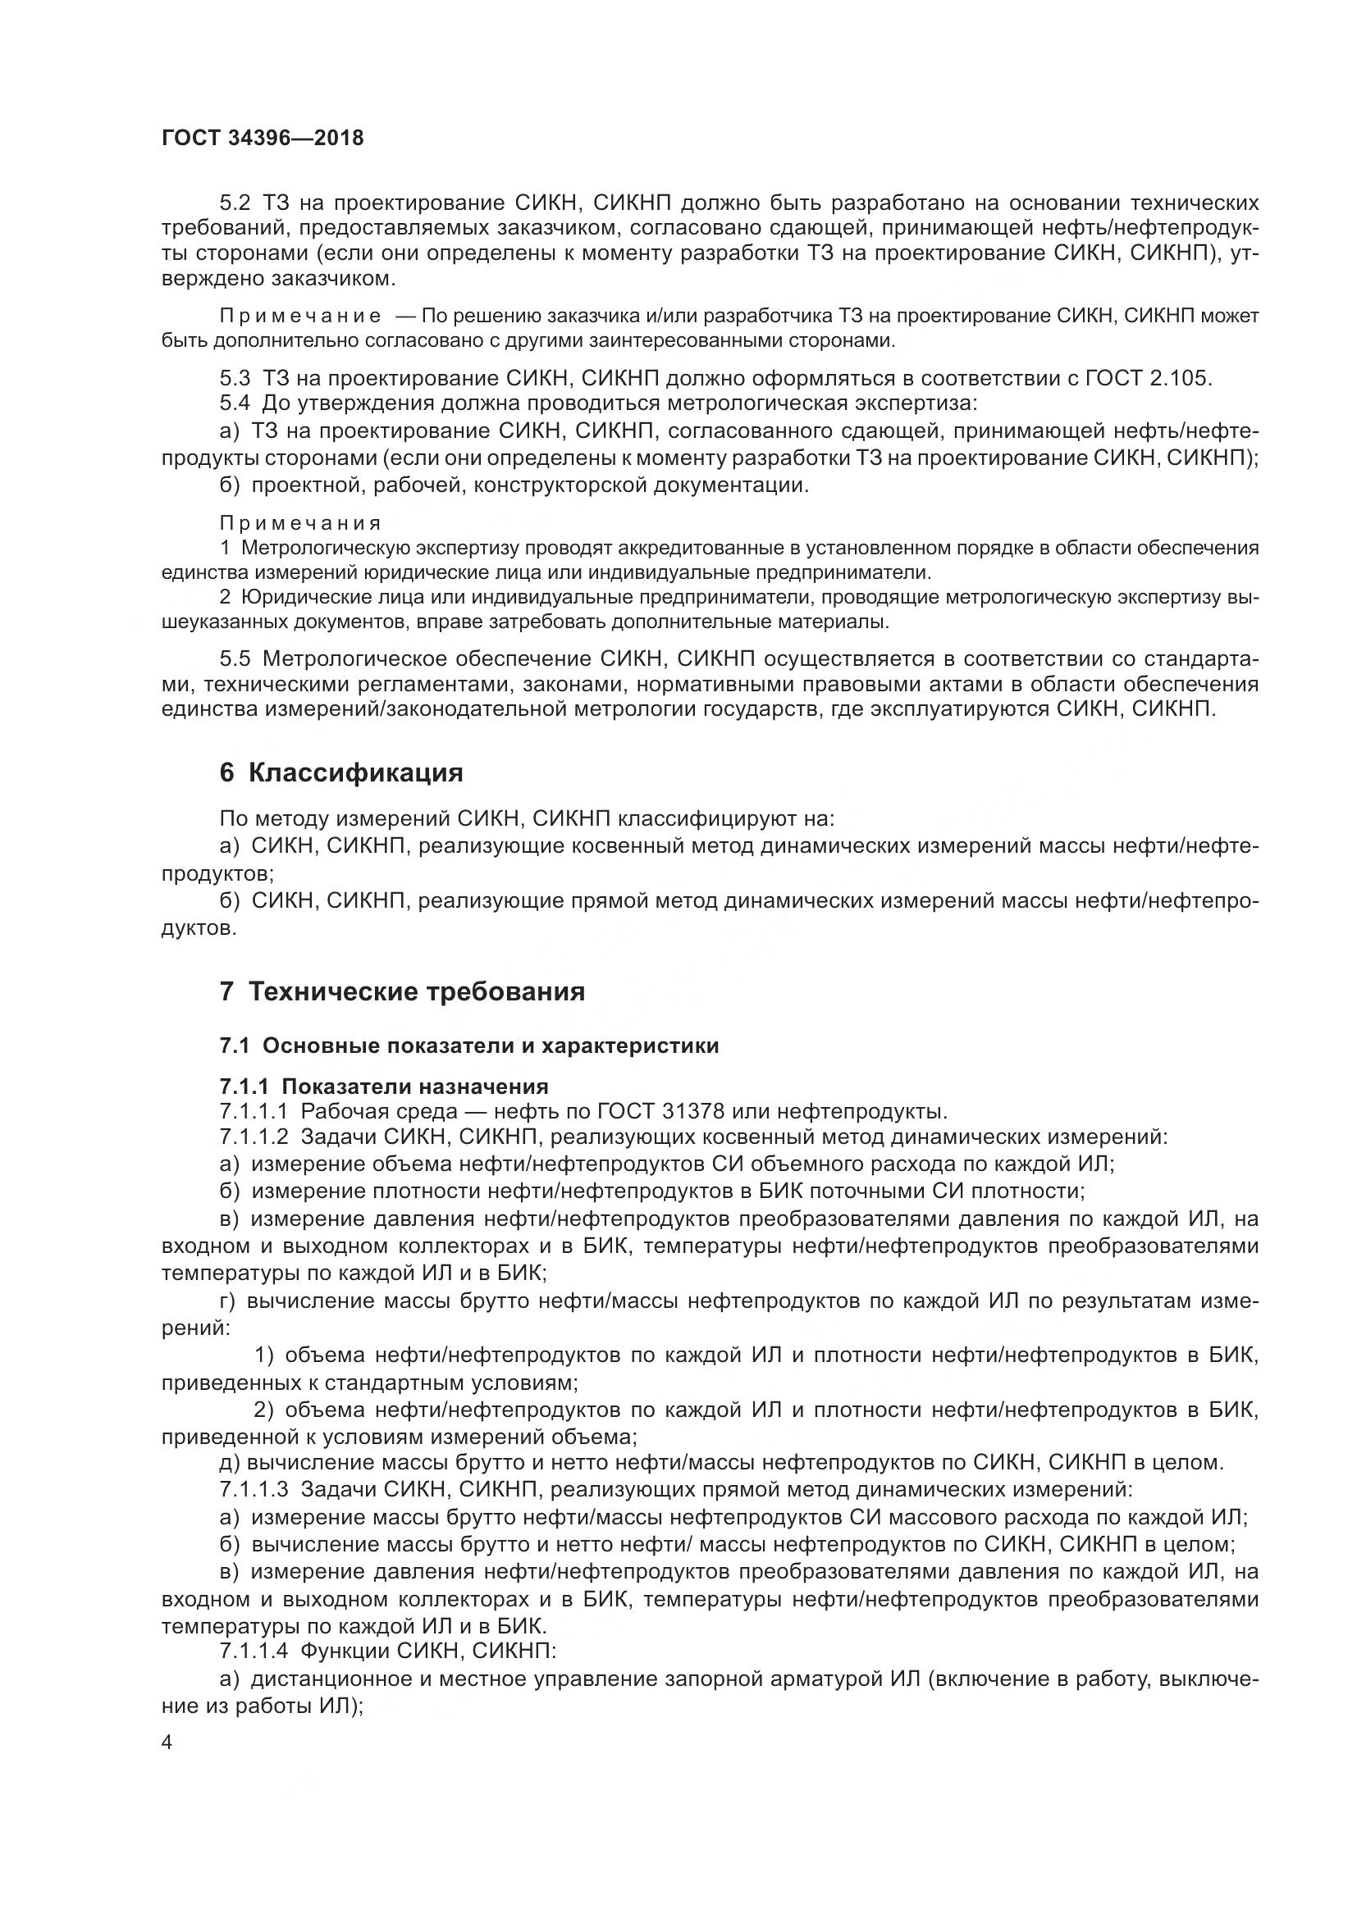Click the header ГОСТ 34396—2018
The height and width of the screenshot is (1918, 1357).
tap(263, 138)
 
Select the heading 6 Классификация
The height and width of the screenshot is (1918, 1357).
tap(341, 772)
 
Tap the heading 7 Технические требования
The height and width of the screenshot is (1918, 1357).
tap(402, 991)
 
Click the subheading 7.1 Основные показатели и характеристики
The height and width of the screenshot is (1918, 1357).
tap(468, 1046)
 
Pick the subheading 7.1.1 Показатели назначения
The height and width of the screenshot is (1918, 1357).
tap(383, 1086)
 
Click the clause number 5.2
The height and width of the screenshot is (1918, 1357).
tap(235, 203)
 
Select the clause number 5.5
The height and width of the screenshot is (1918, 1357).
tap(235, 659)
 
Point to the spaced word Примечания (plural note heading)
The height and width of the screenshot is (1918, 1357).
tap(300, 524)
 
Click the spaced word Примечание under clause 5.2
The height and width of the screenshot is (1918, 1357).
tap(300, 316)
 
